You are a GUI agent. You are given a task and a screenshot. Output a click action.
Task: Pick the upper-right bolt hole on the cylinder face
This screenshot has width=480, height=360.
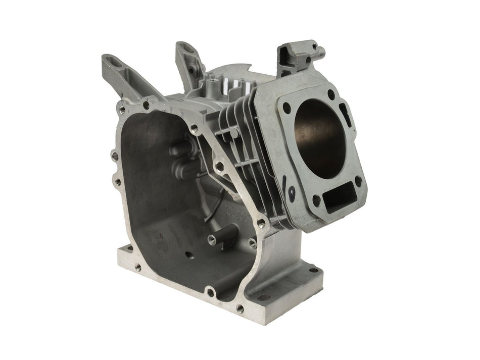(331, 94)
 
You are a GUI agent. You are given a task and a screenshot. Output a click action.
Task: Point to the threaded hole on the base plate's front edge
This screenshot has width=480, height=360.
(137, 268)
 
